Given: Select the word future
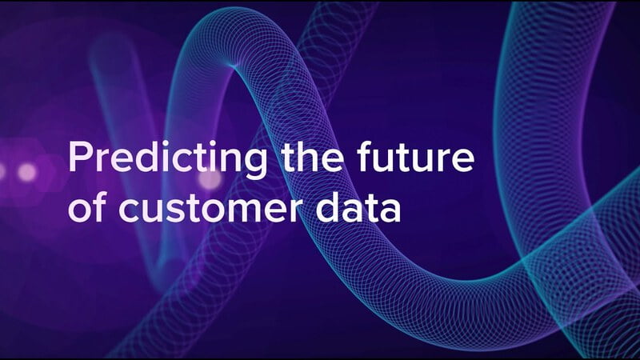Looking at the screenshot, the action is tap(415, 157).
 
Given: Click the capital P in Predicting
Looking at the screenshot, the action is tap(78, 157).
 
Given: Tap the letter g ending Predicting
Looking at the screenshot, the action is tap(255, 164).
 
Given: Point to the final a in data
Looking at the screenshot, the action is tap(390, 211).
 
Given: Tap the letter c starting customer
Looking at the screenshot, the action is tap(128, 211).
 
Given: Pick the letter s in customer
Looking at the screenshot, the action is tap(175, 211).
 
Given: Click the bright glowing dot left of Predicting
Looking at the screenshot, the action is tap(27, 172).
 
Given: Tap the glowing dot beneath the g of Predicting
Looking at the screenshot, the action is tap(210, 178).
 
